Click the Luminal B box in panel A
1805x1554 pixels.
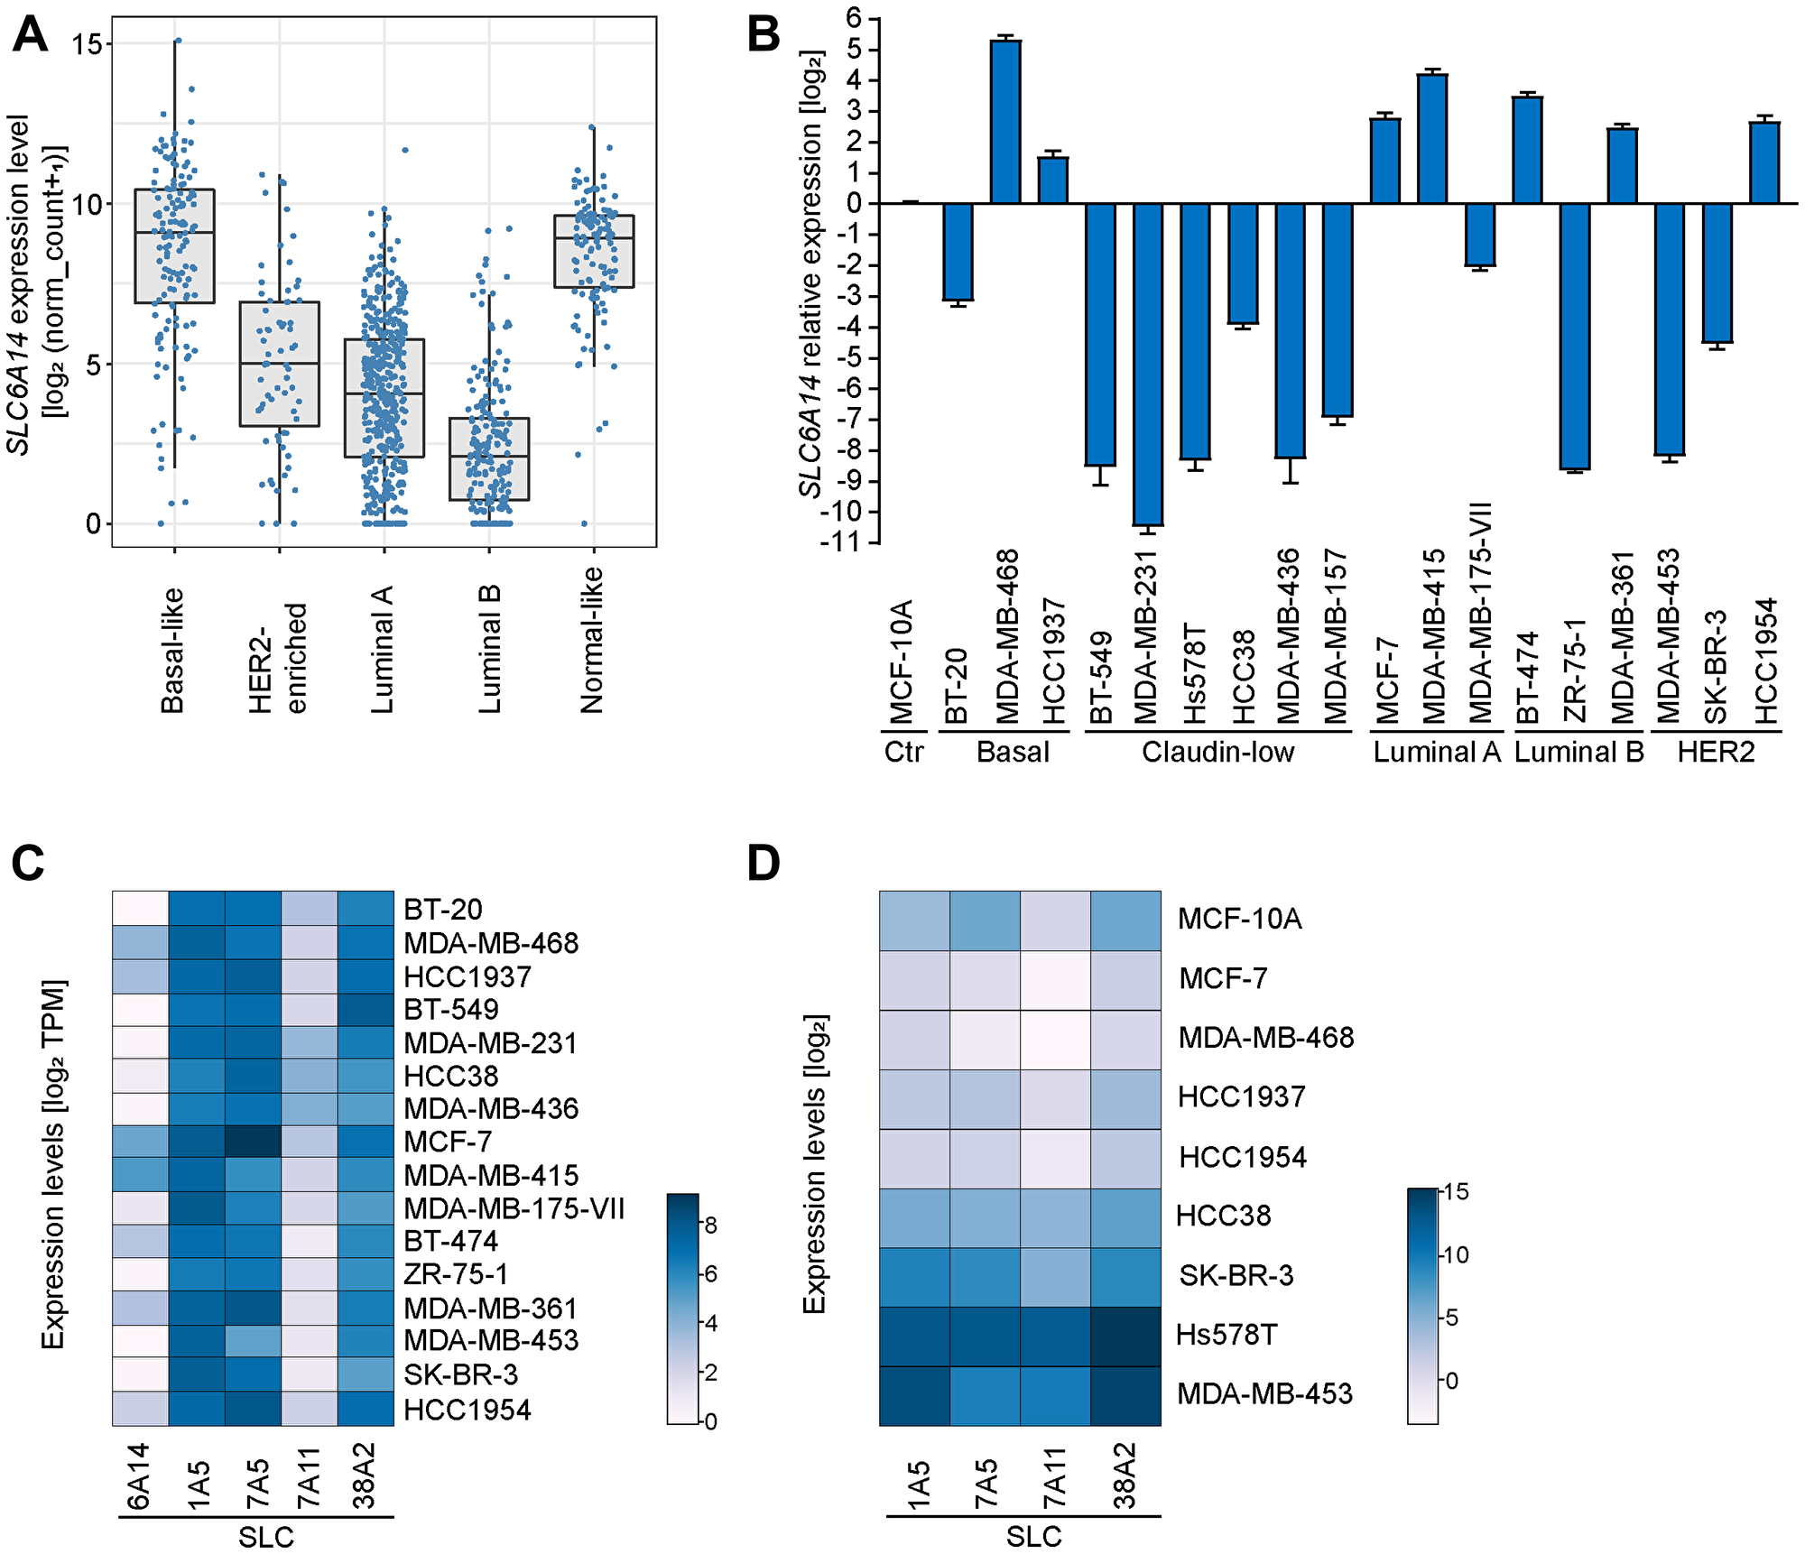[x=489, y=458]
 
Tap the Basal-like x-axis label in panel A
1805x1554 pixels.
[x=172, y=650]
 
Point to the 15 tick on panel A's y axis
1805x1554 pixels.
[x=88, y=43]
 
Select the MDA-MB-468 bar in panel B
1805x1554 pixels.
[x=1005, y=122]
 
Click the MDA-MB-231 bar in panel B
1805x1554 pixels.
[x=1147, y=364]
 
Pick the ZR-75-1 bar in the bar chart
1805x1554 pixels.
[x=1574, y=336]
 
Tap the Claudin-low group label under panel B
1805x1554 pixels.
[x=1217, y=752]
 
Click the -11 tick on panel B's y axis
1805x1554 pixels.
[x=840, y=543]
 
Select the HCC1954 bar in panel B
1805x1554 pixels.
[x=1764, y=163]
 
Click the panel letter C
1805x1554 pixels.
[x=28, y=863]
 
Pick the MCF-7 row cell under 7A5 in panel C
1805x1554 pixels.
[x=253, y=1142]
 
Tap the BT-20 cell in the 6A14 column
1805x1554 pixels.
[x=140, y=909]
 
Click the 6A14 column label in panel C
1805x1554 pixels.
[x=138, y=1476]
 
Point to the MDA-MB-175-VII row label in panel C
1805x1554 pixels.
[x=514, y=1208]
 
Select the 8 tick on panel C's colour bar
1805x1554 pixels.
[x=710, y=1225]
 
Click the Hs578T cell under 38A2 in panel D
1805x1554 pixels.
[x=1125, y=1336]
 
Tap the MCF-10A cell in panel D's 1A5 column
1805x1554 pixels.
[x=914, y=920]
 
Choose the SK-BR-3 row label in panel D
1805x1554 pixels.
[x=1236, y=1275]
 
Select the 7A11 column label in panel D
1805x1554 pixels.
[x=1054, y=1476]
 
